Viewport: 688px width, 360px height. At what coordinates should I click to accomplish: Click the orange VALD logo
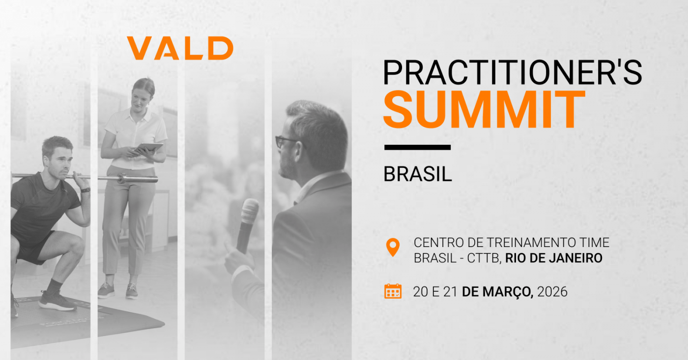[x=180, y=48]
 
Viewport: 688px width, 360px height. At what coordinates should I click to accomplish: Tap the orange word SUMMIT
[x=484, y=110]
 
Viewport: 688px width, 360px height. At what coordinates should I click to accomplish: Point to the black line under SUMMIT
[x=417, y=147]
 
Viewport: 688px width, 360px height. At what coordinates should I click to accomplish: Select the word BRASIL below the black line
[x=417, y=174]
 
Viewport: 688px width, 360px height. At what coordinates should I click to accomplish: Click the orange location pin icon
[x=392, y=247]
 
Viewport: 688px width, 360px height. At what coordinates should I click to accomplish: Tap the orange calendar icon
[x=393, y=291]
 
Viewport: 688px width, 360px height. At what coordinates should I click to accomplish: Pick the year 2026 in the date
[x=552, y=292]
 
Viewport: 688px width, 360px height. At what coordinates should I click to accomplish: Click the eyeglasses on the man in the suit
[x=285, y=141]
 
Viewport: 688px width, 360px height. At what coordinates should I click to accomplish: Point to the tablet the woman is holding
[x=148, y=147]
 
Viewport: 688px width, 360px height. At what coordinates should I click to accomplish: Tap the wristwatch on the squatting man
[x=86, y=190]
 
